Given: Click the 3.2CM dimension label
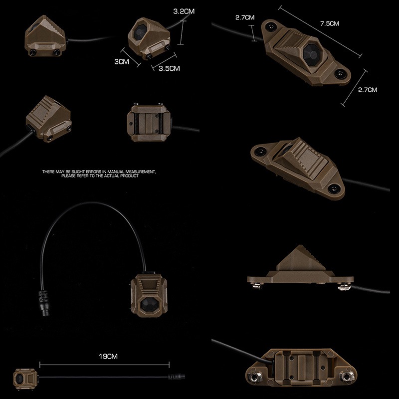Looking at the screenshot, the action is [184, 11].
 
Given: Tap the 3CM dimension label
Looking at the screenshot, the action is [122, 61].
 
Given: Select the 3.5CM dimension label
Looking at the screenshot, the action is [169, 68].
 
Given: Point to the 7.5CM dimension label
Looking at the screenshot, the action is [330, 23].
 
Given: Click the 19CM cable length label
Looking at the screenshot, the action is [108, 356].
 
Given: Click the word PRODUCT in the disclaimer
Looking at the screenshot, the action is [129, 176].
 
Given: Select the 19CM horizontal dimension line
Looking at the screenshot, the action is [104, 365].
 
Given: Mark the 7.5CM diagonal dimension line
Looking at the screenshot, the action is [320, 32].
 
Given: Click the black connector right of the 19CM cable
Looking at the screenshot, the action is [176, 377].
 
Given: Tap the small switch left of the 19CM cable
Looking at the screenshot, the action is [25, 379].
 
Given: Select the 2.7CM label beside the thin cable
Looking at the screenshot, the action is [245, 17].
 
